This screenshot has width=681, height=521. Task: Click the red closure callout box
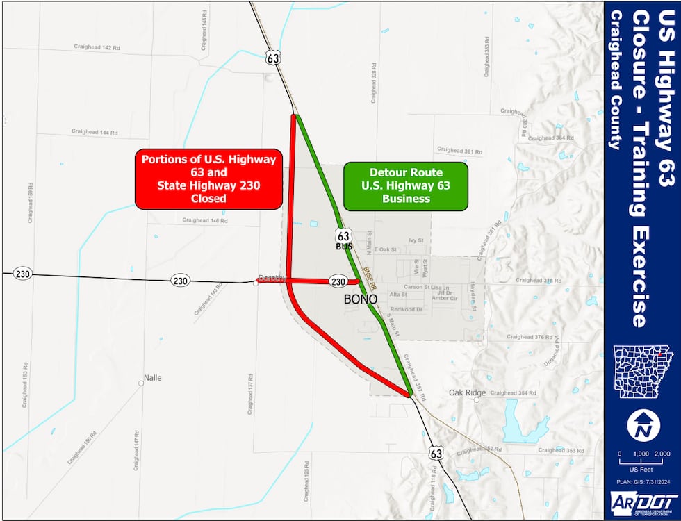pyautogui.click(x=208, y=179)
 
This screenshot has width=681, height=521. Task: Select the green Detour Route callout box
pyautogui.click(x=405, y=187)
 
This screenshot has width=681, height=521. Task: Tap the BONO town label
pyautogui.click(x=361, y=299)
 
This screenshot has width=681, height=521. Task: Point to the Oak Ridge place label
pyautogui.click(x=467, y=393)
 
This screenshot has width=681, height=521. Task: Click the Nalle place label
pyautogui.click(x=152, y=378)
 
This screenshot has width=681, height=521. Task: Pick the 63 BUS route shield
pyautogui.click(x=344, y=238)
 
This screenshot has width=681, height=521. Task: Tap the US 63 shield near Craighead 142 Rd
pyautogui.click(x=273, y=58)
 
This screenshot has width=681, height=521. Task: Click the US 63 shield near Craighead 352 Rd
pyautogui.click(x=436, y=453)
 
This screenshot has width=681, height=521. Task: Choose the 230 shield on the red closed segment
pyautogui.click(x=338, y=281)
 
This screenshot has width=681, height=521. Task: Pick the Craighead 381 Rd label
pyautogui.click(x=459, y=150)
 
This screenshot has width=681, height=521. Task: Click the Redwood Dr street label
pyautogui.click(x=406, y=309)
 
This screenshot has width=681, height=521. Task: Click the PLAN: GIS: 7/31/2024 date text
pyautogui.click(x=643, y=480)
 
